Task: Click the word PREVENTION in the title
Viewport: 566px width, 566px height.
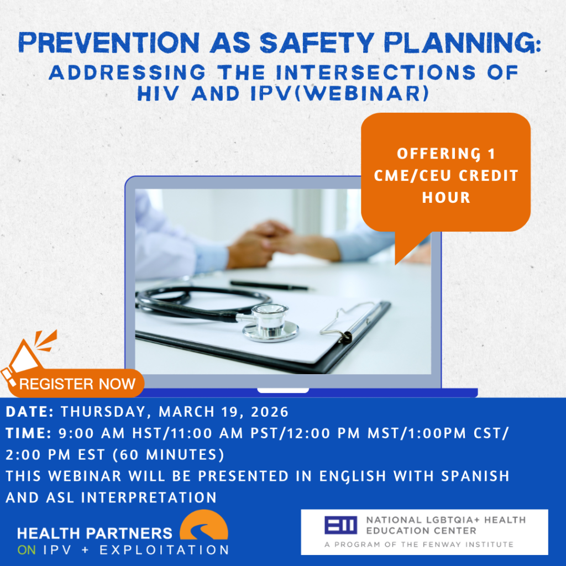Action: point(109,43)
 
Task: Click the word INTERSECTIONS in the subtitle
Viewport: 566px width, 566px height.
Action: point(376,72)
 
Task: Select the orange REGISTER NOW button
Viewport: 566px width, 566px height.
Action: point(76,384)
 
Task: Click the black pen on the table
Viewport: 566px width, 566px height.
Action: point(269,285)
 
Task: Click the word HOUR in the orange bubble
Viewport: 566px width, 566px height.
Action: point(446,197)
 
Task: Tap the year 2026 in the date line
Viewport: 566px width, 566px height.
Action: point(270,412)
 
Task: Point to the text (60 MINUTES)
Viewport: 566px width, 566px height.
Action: point(169,455)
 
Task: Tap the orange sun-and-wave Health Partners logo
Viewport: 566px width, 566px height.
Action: point(204,525)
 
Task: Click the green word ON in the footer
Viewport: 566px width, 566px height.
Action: point(27,550)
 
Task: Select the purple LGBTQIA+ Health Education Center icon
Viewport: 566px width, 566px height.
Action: point(340,525)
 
